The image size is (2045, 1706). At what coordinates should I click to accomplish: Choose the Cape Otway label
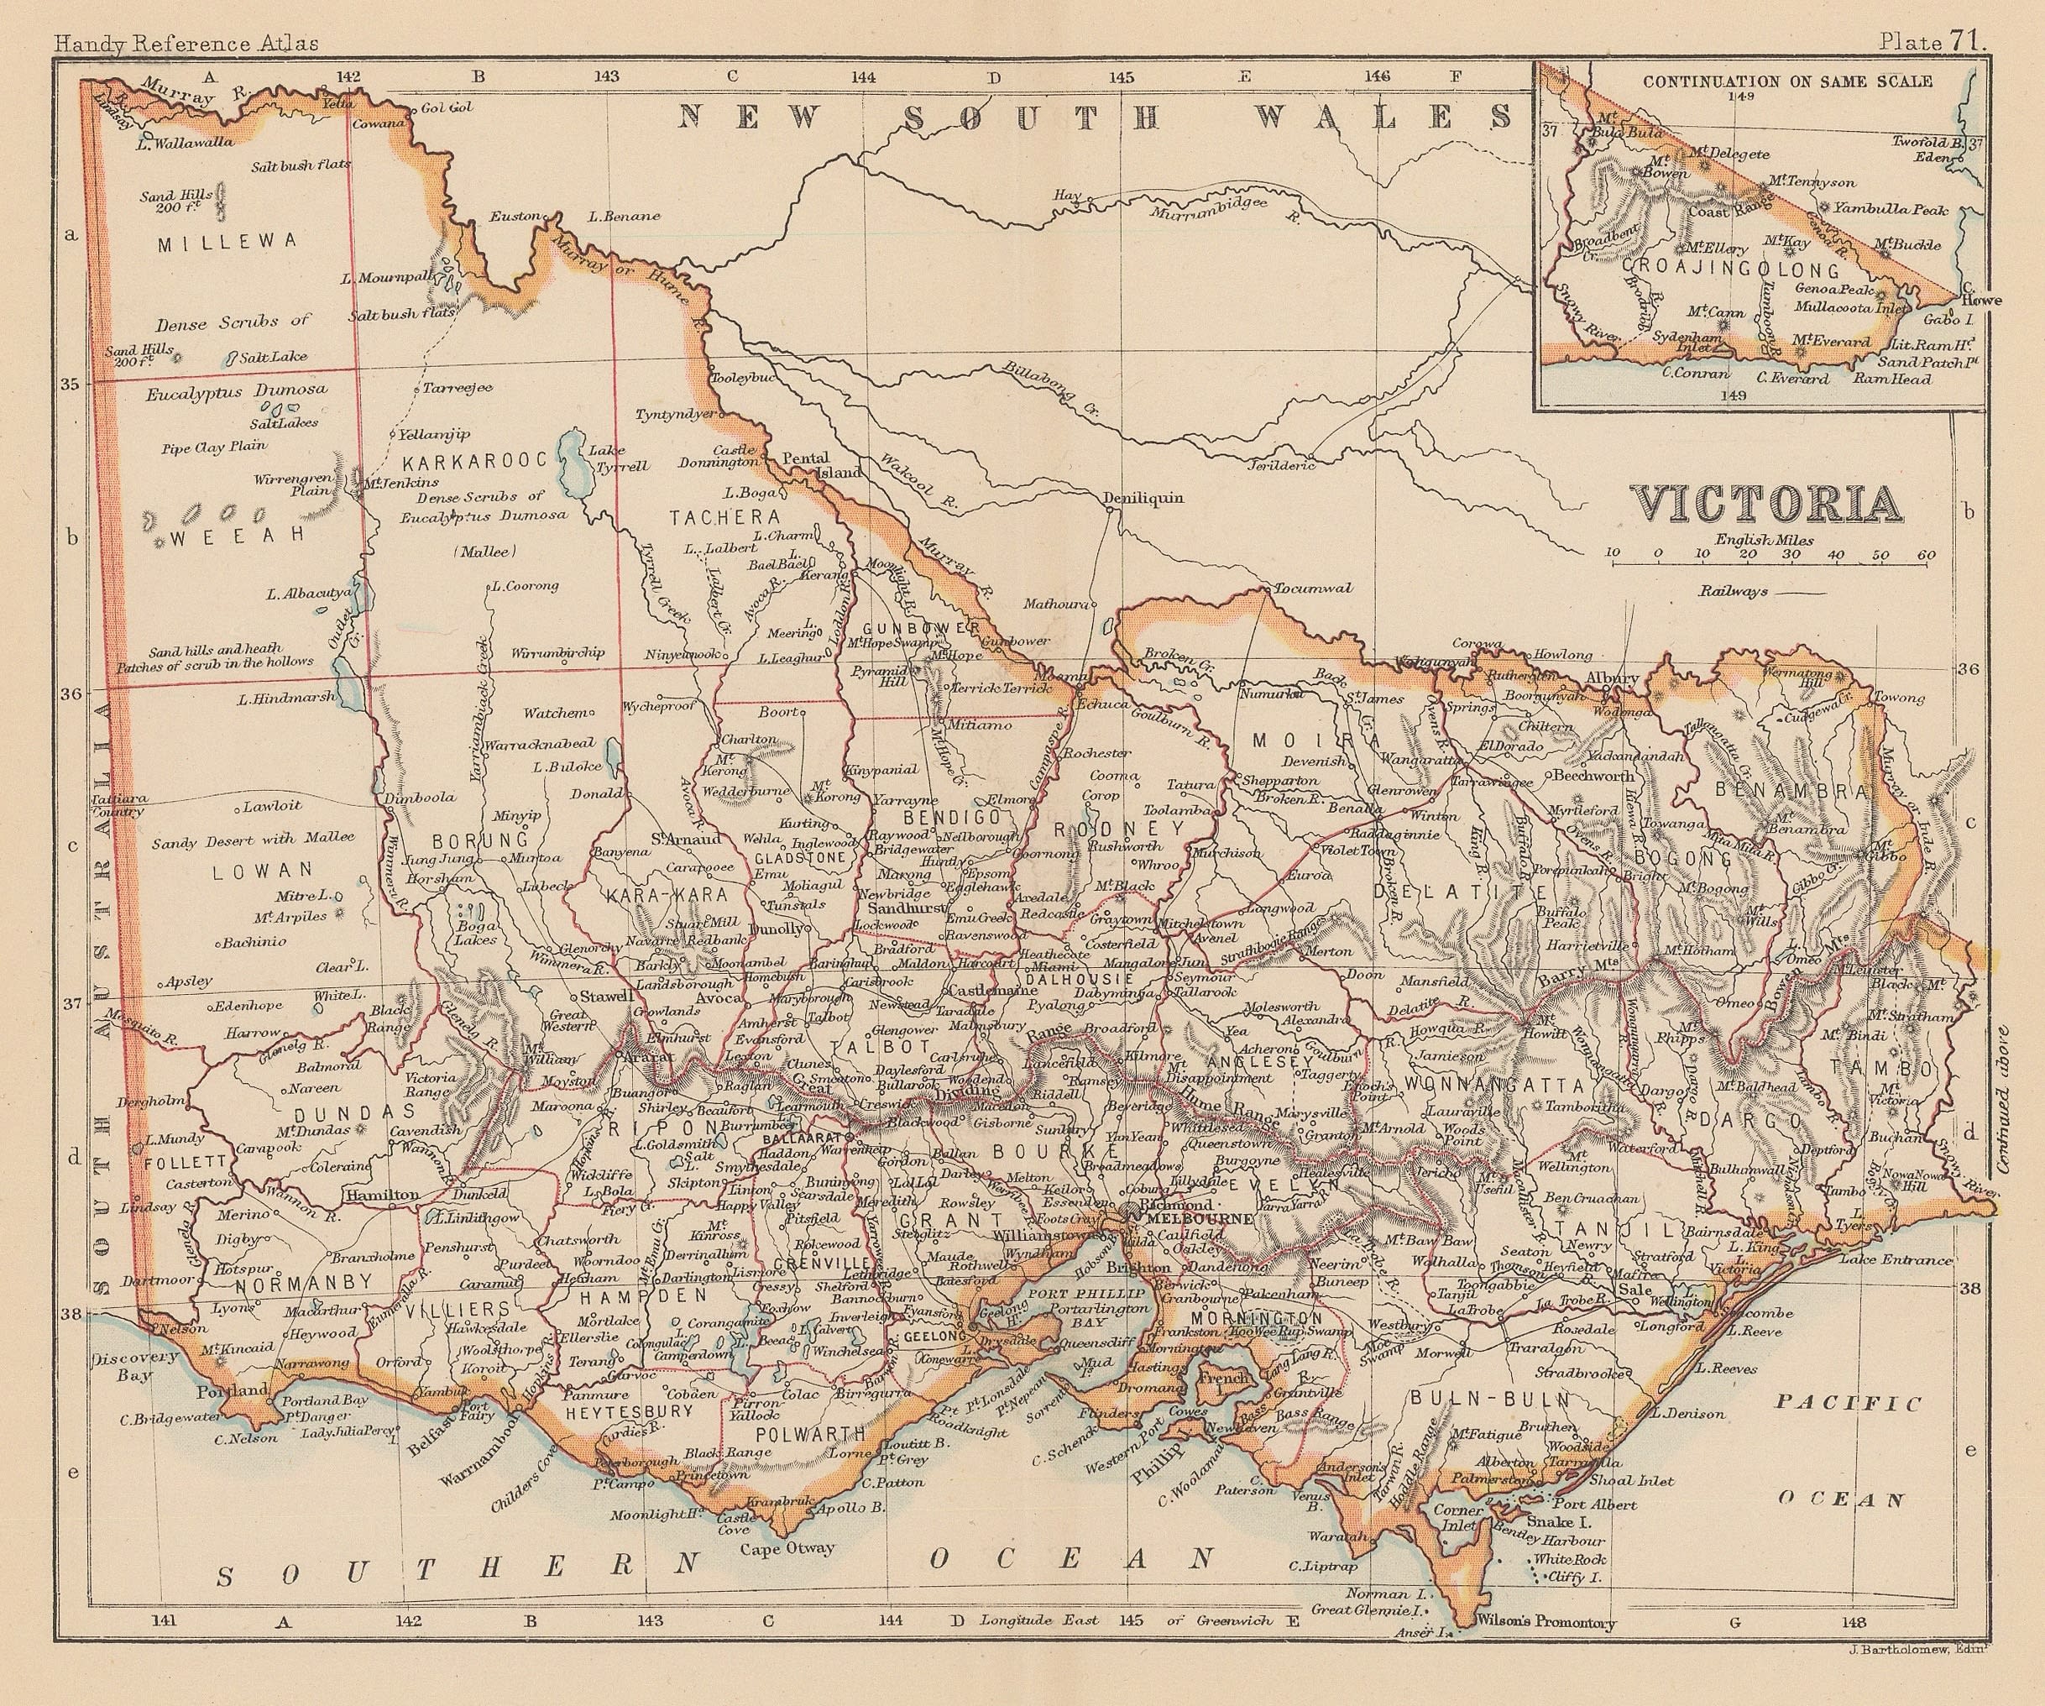pyautogui.click(x=787, y=1548)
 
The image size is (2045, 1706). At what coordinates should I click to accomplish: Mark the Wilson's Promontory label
pyautogui.click(x=1546, y=1622)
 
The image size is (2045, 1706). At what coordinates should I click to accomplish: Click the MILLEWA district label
pyautogui.click(x=226, y=243)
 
